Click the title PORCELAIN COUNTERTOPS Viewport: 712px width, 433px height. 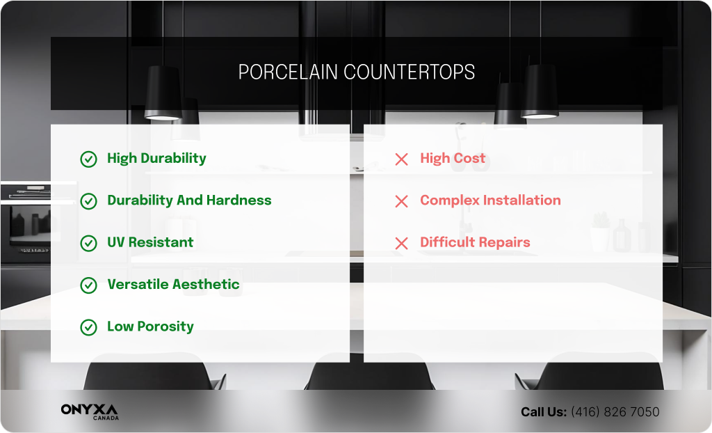[x=356, y=72]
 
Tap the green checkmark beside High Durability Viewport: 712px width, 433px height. [x=88, y=159]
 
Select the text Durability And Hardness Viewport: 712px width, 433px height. [x=189, y=200]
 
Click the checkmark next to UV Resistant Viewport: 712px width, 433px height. [x=88, y=244]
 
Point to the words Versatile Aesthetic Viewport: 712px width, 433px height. [x=173, y=285]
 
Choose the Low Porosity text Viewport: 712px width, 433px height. [x=150, y=326]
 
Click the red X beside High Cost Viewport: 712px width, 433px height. [x=401, y=159]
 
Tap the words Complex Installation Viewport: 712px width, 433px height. [x=490, y=200]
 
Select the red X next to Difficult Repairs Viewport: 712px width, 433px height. [x=401, y=244]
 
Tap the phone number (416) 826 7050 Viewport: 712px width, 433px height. [x=615, y=412]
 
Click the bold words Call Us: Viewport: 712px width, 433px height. [x=544, y=412]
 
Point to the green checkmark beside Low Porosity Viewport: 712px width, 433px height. [x=88, y=327]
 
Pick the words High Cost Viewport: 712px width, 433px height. [x=453, y=159]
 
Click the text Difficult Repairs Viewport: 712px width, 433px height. [x=475, y=242]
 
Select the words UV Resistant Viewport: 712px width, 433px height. [x=150, y=242]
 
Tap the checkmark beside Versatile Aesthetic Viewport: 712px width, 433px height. [x=88, y=285]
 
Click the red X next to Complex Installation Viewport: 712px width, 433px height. [x=401, y=202]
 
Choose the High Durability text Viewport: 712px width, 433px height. [x=156, y=159]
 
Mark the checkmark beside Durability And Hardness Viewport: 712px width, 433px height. [x=88, y=201]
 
